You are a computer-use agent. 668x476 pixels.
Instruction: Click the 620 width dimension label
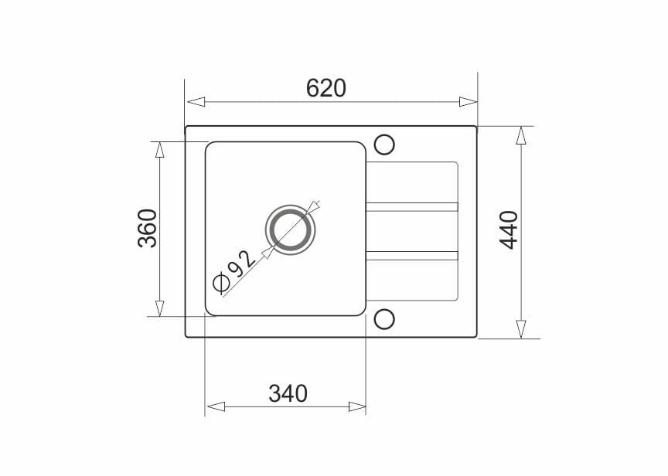326,88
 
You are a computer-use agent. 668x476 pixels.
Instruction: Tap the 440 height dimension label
509,230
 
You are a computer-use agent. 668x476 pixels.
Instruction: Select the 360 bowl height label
148,229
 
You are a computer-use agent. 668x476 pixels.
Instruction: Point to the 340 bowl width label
288,393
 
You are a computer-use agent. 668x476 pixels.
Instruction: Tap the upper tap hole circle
384,144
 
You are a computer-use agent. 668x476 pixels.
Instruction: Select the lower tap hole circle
384,319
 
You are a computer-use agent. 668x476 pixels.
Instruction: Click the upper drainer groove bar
412,207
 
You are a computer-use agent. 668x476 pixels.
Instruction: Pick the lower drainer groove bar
412,256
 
